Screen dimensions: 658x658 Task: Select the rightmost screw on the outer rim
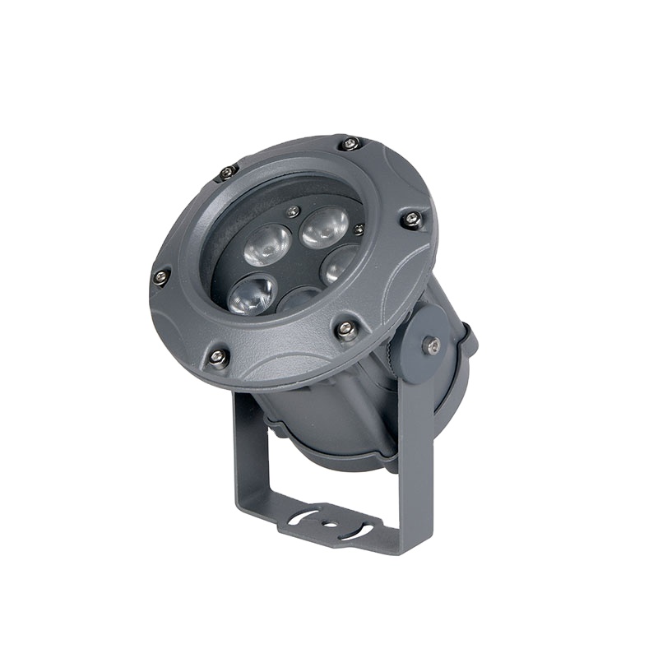(410, 218)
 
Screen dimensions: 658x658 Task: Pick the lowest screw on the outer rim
(218, 356)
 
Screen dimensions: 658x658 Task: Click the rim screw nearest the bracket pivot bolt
(345, 330)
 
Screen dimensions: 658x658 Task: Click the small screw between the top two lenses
(292, 211)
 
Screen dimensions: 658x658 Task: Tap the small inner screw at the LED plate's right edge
(359, 229)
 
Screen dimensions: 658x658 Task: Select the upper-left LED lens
(267, 243)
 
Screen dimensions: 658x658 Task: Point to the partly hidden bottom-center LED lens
(300, 299)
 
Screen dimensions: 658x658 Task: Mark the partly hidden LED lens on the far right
(339, 265)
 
